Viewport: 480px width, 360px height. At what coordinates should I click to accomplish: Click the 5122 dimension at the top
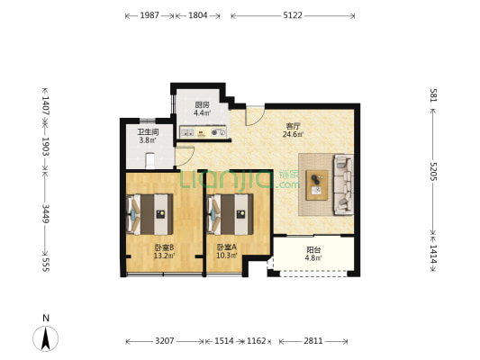[293, 15]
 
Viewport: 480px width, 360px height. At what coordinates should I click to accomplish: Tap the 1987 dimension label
[149, 15]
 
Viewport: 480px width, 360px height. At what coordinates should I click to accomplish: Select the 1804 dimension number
[198, 15]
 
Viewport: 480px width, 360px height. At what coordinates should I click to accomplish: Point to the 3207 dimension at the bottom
[165, 341]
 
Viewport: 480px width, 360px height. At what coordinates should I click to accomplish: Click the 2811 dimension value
[313, 341]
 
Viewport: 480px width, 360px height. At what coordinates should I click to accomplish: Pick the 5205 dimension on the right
[433, 171]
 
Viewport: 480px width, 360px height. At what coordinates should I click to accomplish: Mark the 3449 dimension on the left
[45, 214]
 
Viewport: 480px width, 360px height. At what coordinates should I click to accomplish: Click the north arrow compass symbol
[46, 338]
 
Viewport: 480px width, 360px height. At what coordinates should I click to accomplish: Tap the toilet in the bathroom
[150, 161]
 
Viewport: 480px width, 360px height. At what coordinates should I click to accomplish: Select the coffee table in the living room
[317, 185]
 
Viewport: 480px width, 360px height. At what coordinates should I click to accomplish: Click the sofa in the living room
[343, 184]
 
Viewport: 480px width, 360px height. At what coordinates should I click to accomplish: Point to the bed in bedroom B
[149, 214]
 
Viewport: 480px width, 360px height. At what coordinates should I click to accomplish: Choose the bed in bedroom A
[230, 214]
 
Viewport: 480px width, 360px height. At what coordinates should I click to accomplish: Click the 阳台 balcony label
[313, 249]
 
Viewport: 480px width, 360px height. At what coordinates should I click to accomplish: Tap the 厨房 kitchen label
[202, 105]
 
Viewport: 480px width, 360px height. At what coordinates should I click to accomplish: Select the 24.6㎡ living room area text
[293, 134]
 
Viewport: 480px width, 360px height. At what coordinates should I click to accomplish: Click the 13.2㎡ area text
[164, 256]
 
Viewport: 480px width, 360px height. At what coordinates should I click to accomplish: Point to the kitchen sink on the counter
[187, 132]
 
